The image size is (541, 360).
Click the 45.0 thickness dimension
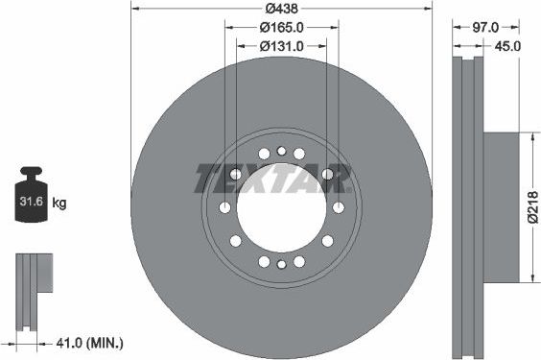click(506, 46)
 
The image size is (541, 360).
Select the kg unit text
click(59, 204)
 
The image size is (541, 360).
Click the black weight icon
click(33, 197)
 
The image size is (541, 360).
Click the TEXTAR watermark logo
click(273, 179)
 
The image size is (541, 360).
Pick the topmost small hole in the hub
click(280, 151)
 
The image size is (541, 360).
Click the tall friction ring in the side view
click(467, 208)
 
